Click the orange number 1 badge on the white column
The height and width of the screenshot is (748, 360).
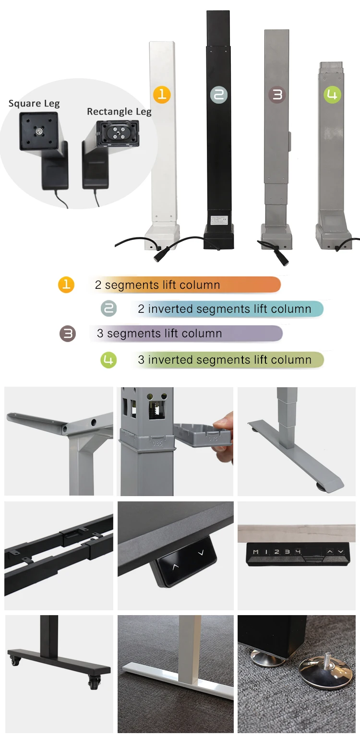[162, 94]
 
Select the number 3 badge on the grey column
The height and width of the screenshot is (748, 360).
[277, 95]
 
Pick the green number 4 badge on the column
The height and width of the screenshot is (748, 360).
[332, 94]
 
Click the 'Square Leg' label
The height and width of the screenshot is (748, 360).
[34, 104]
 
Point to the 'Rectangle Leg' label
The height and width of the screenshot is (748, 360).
[119, 112]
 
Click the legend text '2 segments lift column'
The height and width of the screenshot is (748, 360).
[157, 285]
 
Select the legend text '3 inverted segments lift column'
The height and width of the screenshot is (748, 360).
[225, 360]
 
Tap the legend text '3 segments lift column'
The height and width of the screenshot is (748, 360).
[159, 333]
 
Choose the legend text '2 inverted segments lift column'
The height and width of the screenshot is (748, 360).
[225, 309]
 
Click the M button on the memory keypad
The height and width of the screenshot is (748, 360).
[255, 552]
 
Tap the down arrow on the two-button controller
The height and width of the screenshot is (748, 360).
[201, 553]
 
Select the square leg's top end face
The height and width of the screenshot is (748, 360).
[38, 130]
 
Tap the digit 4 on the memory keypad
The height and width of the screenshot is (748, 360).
[298, 552]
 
